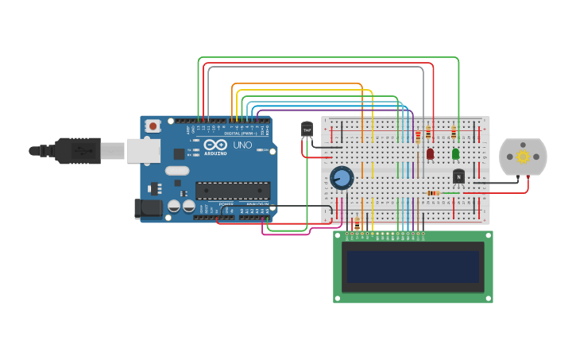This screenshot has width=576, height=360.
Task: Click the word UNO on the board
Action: pyautogui.click(x=242, y=145)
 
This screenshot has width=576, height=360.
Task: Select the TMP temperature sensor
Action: pyautogui.click(x=307, y=130)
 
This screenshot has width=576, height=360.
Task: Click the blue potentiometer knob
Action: pyautogui.click(x=342, y=178)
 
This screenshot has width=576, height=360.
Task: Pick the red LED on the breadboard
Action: pyautogui.click(x=430, y=153)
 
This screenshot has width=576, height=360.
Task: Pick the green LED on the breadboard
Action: pyautogui.click(x=455, y=153)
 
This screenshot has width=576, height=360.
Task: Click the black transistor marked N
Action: pyautogui.click(x=458, y=176)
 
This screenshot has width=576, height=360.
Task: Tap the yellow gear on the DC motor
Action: pyautogui.click(x=523, y=157)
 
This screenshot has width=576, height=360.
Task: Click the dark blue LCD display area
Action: pyautogui.click(x=412, y=267)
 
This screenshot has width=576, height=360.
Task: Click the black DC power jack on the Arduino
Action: pyautogui.click(x=149, y=209)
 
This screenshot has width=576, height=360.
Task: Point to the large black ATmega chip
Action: pyautogui.click(x=233, y=191)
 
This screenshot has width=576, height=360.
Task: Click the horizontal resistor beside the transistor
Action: pyautogui.click(x=433, y=193)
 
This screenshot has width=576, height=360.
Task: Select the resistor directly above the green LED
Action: pyautogui.click(x=454, y=133)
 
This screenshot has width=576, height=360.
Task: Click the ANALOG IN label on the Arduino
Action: pyautogui.click(x=257, y=204)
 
